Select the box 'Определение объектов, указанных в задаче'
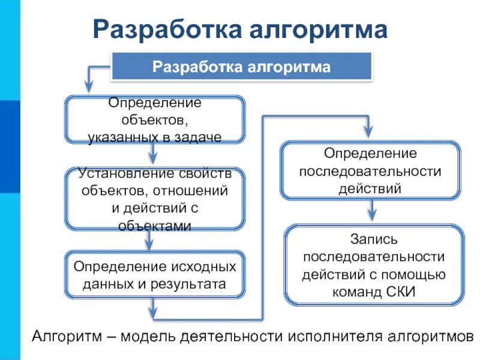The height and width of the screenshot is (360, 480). [x=155, y=119]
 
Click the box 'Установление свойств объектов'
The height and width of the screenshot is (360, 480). [x=155, y=199]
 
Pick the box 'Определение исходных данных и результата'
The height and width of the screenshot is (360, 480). [x=155, y=275]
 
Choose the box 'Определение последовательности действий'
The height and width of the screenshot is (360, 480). [x=370, y=171]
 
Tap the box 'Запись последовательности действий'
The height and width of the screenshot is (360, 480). [x=374, y=265]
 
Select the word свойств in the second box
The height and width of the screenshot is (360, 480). [x=204, y=174]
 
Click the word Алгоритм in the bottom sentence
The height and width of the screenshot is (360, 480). [x=65, y=335]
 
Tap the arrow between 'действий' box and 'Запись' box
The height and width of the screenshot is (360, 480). [x=372, y=211]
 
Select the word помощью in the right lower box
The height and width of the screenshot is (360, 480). [x=418, y=275]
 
